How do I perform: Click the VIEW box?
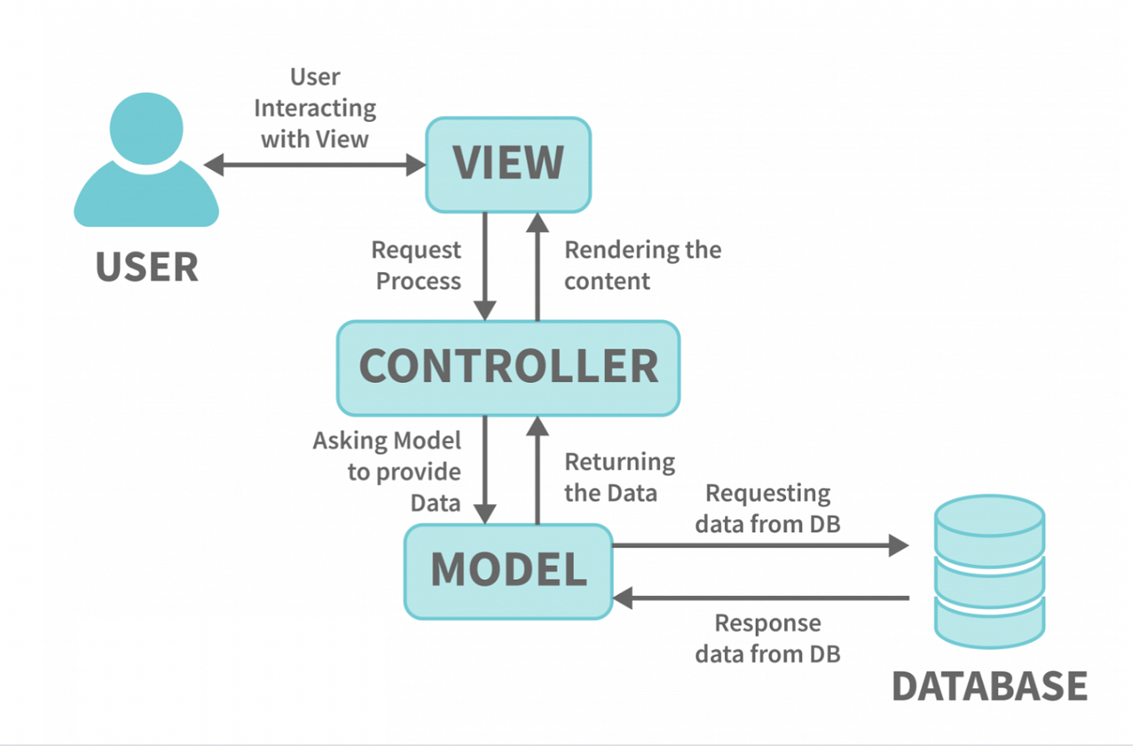pyautogui.click(x=507, y=164)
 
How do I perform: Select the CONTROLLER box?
pyautogui.click(x=507, y=367)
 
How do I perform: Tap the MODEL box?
pyautogui.click(x=507, y=571)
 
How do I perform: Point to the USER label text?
pyautogui.click(x=146, y=267)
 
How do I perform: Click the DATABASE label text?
pyautogui.click(x=989, y=685)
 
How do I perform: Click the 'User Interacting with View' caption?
pyautogui.click(x=315, y=108)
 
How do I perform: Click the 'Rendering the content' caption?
pyautogui.click(x=642, y=265)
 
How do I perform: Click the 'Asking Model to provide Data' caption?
pyautogui.click(x=387, y=471)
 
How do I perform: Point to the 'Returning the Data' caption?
pyautogui.click(x=619, y=476)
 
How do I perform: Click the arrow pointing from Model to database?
pyautogui.click(x=759, y=547)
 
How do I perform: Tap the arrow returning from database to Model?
pyautogui.click(x=759, y=597)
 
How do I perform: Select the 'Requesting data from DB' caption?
pyautogui.click(x=768, y=508)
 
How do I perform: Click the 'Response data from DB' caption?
pyautogui.click(x=768, y=638)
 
